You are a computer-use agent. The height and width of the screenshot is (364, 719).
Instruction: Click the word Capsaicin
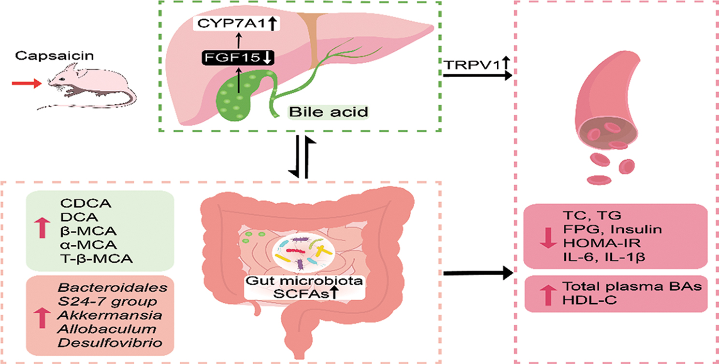coord(43,57)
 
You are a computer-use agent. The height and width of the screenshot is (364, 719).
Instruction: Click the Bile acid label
coord(329,112)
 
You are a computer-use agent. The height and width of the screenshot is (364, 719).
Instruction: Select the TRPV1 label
coord(471,64)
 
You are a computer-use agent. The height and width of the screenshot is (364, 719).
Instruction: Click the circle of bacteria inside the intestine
coord(302,252)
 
